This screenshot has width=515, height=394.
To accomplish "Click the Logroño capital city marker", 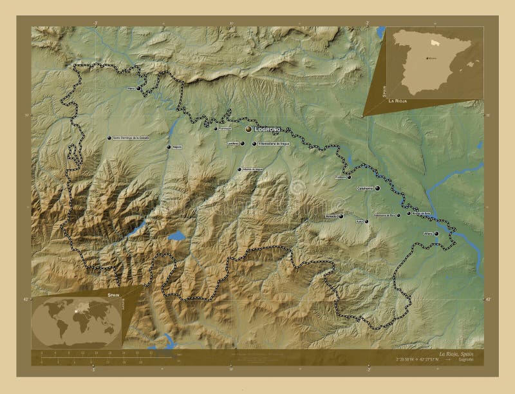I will (248, 129).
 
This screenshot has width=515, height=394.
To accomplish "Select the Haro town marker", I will (138, 88).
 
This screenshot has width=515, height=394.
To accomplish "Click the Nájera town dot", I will (169, 147).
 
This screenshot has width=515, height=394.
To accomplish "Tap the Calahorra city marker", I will (379, 189).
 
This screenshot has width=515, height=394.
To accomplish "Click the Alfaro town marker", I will (437, 234).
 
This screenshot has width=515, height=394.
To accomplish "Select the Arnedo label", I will (331, 216).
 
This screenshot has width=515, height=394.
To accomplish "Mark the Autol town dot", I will (367, 221).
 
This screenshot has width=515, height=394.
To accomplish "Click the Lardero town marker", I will (243, 144).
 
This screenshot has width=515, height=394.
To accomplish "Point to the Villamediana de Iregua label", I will (274, 144).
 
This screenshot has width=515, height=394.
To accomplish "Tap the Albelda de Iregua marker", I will (239, 169).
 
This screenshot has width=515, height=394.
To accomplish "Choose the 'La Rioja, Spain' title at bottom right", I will (460, 355).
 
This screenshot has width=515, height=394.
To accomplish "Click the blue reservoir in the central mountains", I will (176, 236).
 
